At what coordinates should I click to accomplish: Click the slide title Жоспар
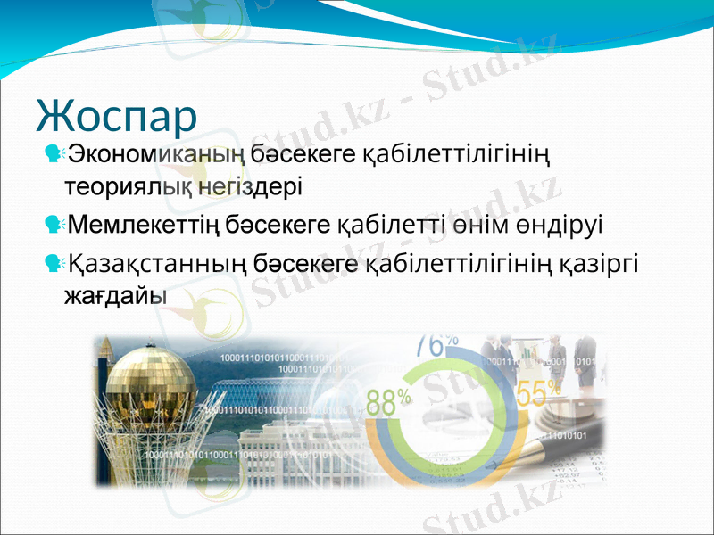tap(117, 114)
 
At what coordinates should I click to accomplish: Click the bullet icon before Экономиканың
tap(53, 155)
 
